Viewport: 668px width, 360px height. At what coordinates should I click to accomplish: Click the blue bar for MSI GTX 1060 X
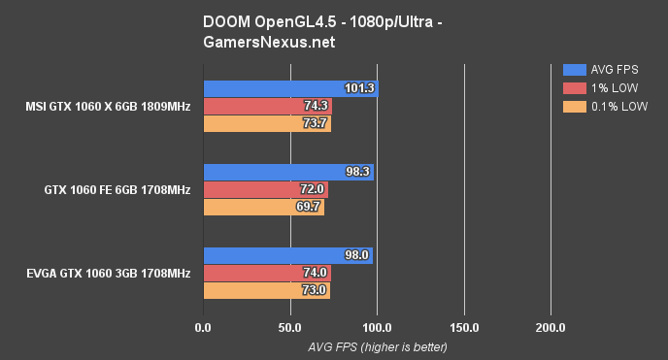pyautogui.click(x=290, y=88)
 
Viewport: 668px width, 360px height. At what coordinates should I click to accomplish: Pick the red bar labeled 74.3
pyautogui.click(x=267, y=106)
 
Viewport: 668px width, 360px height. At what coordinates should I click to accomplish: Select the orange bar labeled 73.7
pyautogui.click(x=266, y=123)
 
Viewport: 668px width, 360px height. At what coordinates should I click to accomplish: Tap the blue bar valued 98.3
pyautogui.click(x=287, y=173)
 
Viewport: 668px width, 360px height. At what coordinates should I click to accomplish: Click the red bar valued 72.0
pyautogui.click(x=265, y=190)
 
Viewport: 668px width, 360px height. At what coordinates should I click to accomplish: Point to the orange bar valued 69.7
pyautogui.click(x=263, y=207)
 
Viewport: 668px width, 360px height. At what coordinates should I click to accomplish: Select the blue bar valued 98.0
pyautogui.click(x=287, y=256)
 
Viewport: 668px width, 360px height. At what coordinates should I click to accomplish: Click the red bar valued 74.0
pyautogui.click(x=267, y=274)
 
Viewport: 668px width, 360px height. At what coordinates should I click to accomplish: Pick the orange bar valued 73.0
pyautogui.click(x=266, y=290)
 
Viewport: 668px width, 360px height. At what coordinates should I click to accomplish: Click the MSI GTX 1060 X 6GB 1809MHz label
pyautogui.click(x=110, y=106)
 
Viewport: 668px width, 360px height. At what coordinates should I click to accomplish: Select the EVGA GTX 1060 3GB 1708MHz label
pyautogui.click(x=108, y=274)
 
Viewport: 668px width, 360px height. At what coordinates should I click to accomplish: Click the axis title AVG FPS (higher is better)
pyautogui.click(x=377, y=345)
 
